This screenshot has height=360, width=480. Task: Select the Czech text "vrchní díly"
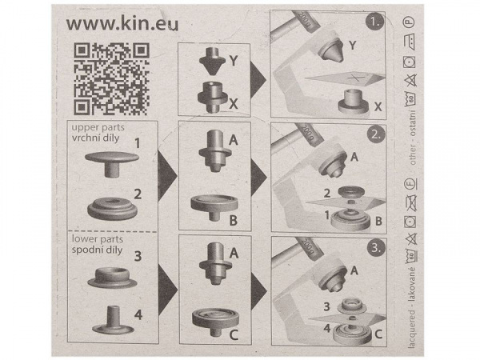99,138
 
